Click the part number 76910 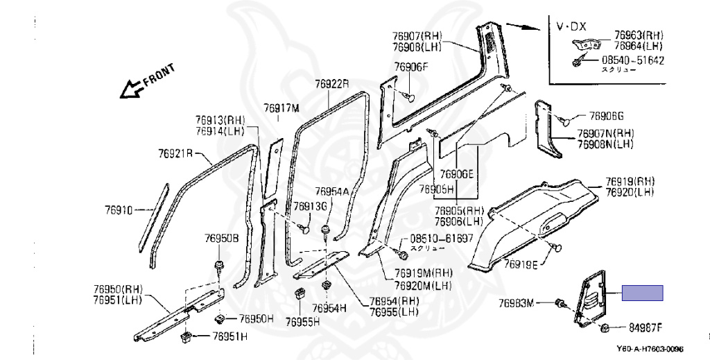tap(119, 209)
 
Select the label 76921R tap(175, 153)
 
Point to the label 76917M tap(281, 108)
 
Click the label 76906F tap(412, 67)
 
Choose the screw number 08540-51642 tap(632, 60)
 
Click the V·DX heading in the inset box tap(571, 26)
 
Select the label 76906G tap(607, 116)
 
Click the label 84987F tap(646, 327)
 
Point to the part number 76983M tap(517, 302)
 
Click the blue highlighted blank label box tap(642, 293)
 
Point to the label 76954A tap(332, 191)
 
